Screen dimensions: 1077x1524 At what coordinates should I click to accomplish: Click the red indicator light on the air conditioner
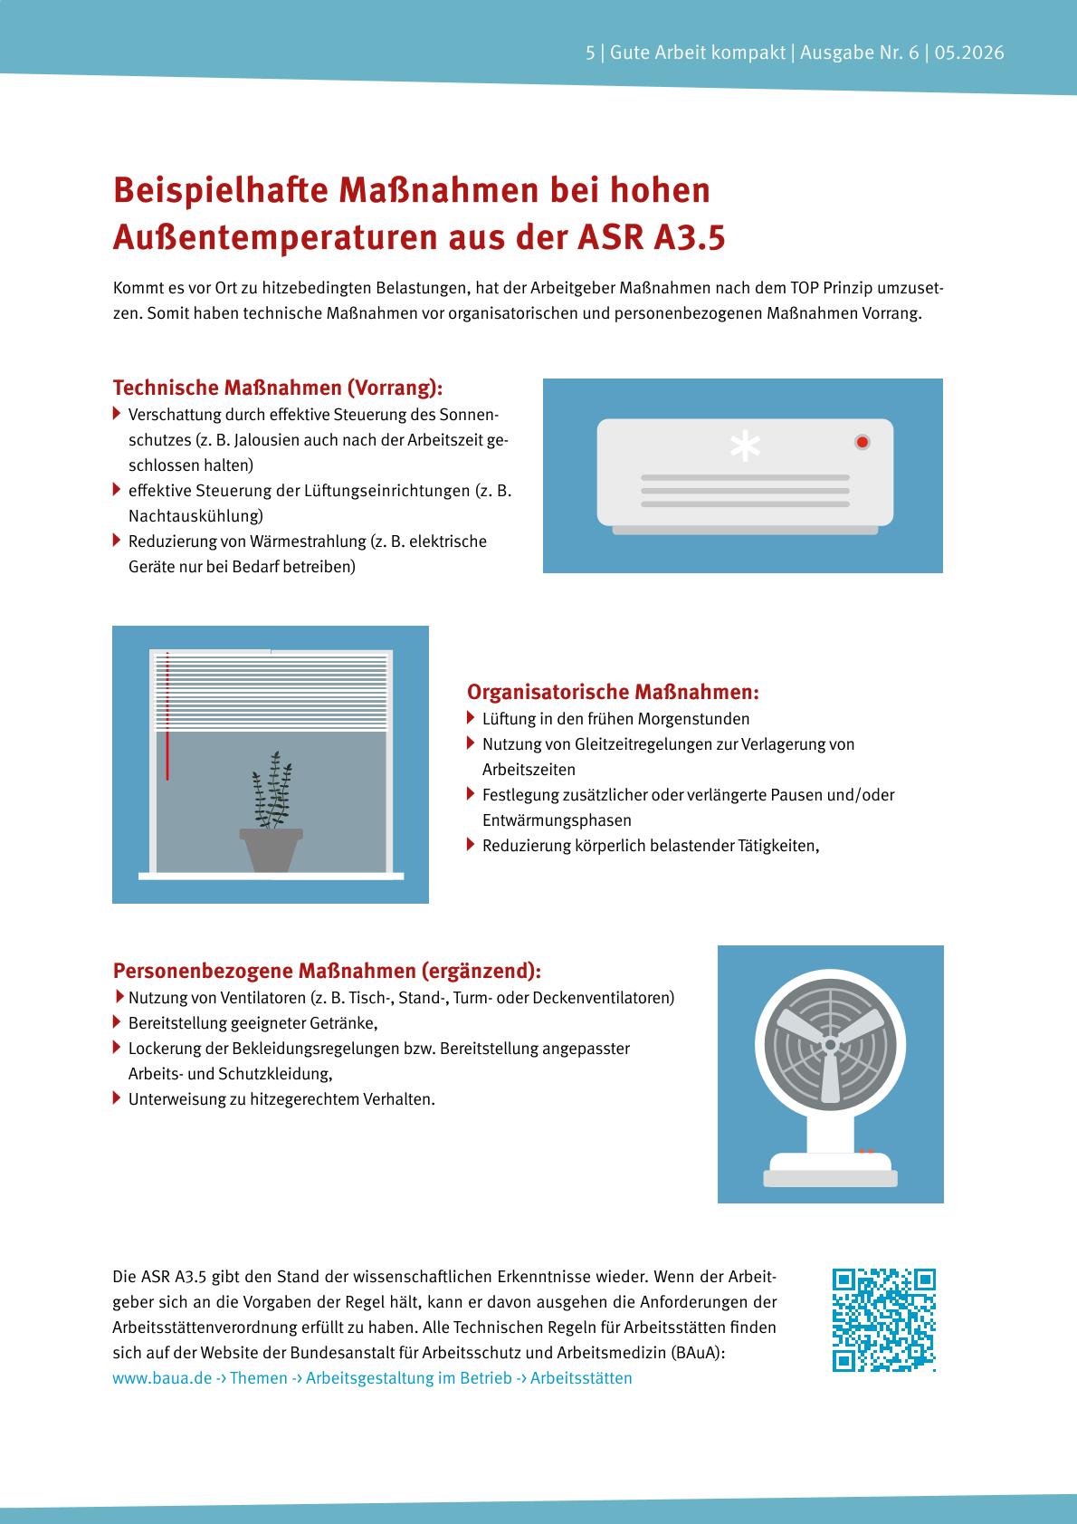tap(863, 442)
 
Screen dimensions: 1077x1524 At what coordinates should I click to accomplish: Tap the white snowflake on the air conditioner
tap(745, 446)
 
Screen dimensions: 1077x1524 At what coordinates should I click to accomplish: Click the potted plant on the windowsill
tap(272, 811)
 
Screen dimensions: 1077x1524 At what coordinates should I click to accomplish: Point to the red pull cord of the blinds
tap(167, 715)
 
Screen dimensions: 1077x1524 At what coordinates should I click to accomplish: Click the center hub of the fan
tap(830, 1044)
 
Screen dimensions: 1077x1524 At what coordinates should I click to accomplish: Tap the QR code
tap(884, 1320)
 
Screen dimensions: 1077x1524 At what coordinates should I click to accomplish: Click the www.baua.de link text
tap(163, 1377)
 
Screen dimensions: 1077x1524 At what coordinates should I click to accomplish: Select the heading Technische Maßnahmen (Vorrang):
tap(278, 388)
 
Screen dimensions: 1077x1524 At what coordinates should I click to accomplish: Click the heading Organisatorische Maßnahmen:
tap(613, 692)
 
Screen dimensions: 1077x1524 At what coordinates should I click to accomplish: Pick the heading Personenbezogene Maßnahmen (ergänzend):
tap(327, 971)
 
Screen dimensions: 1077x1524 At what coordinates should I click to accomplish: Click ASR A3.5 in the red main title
tap(652, 237)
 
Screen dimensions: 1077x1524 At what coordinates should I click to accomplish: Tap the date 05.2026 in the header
tap(969, 53)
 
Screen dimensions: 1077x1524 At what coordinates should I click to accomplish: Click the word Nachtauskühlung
tap(195, 516)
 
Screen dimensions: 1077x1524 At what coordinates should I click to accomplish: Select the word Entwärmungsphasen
tap(557, 820)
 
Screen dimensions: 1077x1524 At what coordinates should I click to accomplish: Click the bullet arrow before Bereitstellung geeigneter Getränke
tap(117, 1022)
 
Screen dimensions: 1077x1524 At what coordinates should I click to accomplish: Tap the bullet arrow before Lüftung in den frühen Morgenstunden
tap(471, 718)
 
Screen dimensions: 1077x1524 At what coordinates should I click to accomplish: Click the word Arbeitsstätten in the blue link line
tap(581, 1377)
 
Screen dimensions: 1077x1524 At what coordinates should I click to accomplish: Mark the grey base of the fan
tap(830, 1178)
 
